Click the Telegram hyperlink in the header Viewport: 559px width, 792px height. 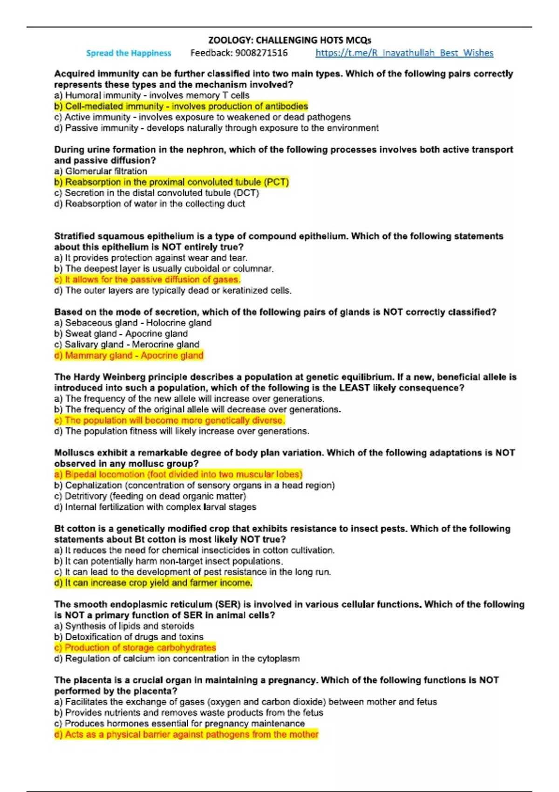pyautogui.click(x=404, y=53)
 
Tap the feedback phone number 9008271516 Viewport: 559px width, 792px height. pyautogui.click(x=261, y=53)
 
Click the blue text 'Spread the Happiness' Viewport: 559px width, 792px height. pyautogui.click(x=129, y=53)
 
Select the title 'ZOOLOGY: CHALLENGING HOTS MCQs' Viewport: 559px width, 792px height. pyautogui.click(x=289, y=41)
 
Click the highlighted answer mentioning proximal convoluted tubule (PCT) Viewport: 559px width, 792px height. pyautogui.click(x=171, y=182)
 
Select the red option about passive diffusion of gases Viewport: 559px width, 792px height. pyautogui.click(x=147, y=280)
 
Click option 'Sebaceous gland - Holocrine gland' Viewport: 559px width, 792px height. pyautogui.click(x=133, y=323)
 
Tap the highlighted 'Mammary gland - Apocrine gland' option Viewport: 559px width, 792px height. pyautogui.click(x=129, y=355)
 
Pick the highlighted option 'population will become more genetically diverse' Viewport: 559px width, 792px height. pyautogui.click(x=170, y=420)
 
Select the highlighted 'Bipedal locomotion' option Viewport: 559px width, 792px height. pyautogui.click(x=178, y=474)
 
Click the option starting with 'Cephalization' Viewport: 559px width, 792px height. pyautogui.click(x=194, y=485)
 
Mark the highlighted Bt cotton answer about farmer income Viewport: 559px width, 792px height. pyautogui.click(x=153, y=583)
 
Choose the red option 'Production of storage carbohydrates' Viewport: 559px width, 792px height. pyautogui.click(x=135, y=648)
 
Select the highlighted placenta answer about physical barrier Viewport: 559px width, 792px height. pyautogui.click(x=186, y=734)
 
